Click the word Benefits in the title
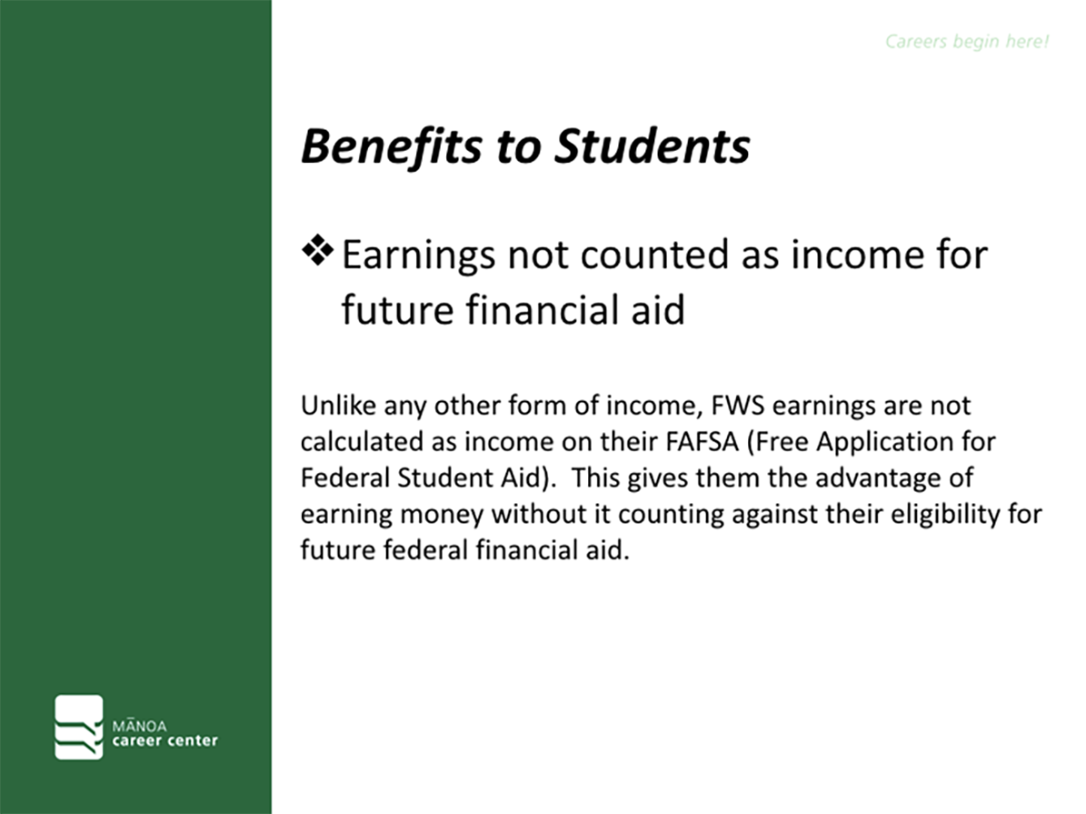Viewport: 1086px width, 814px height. tap(392, 147)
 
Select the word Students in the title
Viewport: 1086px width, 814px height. tap(653, 146)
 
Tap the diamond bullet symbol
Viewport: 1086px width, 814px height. tap(318, 251)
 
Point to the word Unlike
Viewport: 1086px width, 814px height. tap(338, 405)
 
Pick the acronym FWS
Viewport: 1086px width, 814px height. tap(738, 405)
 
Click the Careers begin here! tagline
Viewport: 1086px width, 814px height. tap(967, 42)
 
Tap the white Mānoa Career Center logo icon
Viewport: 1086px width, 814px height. tap(79, 727)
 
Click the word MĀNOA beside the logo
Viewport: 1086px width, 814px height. tap(139, 725)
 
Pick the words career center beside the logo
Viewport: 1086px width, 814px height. tap(164, 740)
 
